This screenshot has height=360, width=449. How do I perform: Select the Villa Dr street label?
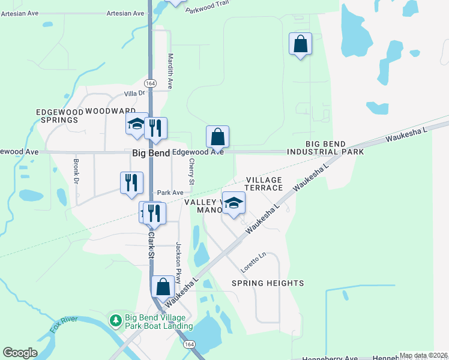pyautogui.click(x=134, y=93)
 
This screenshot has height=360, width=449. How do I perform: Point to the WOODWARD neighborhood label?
pyautogui.click(x=110, y=111)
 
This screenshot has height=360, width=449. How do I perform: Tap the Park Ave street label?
pyautogui.click(x=170, y=193)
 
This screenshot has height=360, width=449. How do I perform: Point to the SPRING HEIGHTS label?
pyautogui.click(x=268, y=283)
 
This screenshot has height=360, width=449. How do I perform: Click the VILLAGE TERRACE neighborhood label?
pyautogui.click(x=264, y=184)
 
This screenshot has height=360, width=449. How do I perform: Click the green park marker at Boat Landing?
pyautogui.click(x=116, y=320)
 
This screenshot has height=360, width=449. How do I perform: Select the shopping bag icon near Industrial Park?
pyautogui.click(x=300, y=44)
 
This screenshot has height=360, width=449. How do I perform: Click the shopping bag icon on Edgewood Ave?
pyautogui.click(x=217, y=137)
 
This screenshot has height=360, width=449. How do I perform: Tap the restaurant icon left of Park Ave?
pyautogui.click(x=131, y=182)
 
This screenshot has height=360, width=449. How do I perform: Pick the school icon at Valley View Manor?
pyautogui.click(x=234, y=204)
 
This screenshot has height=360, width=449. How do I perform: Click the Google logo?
pyautogui.click(x=20, y=353)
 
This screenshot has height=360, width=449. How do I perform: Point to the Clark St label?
pyautogui.click(x=151, y=246)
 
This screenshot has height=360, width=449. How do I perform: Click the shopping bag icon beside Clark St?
pyautogui.click(x=163, y=287)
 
